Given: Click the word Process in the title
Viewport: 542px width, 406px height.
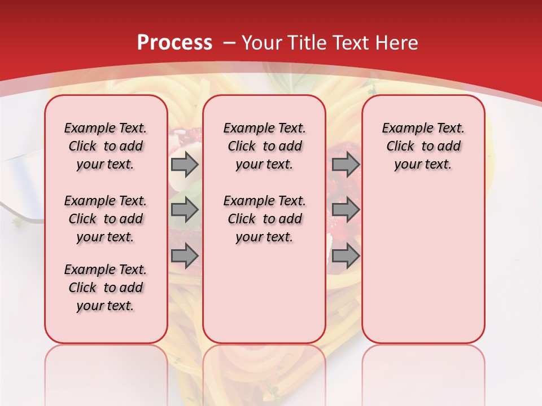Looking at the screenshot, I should click(174, 42).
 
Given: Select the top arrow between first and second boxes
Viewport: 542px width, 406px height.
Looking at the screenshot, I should click(185, 164).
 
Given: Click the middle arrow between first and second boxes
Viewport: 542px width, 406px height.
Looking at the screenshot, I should click(185, 210).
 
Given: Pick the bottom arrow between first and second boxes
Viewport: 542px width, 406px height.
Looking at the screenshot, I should click(185, 256).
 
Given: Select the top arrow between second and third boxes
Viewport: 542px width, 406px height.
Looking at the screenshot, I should click(346, 164).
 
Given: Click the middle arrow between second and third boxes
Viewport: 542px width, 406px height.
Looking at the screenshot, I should click(346, 210).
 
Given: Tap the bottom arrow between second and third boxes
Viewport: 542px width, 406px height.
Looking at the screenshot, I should click(346, 256).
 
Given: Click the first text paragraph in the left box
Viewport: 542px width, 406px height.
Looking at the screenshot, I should click(106, 146).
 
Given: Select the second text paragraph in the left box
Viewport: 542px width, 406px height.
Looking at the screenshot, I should click(106, 219).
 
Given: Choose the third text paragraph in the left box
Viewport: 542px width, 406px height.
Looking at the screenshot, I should click(106, 288).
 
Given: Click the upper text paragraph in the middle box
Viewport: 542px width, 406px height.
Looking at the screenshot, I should click(264, 146).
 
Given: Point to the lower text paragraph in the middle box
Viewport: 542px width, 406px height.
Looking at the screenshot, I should click(264, 219).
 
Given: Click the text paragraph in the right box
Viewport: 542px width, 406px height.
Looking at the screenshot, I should click(423, 146).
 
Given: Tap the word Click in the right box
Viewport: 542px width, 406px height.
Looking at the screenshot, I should click(400, 146).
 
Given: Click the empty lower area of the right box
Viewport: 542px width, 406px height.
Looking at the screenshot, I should click(423, 265).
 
